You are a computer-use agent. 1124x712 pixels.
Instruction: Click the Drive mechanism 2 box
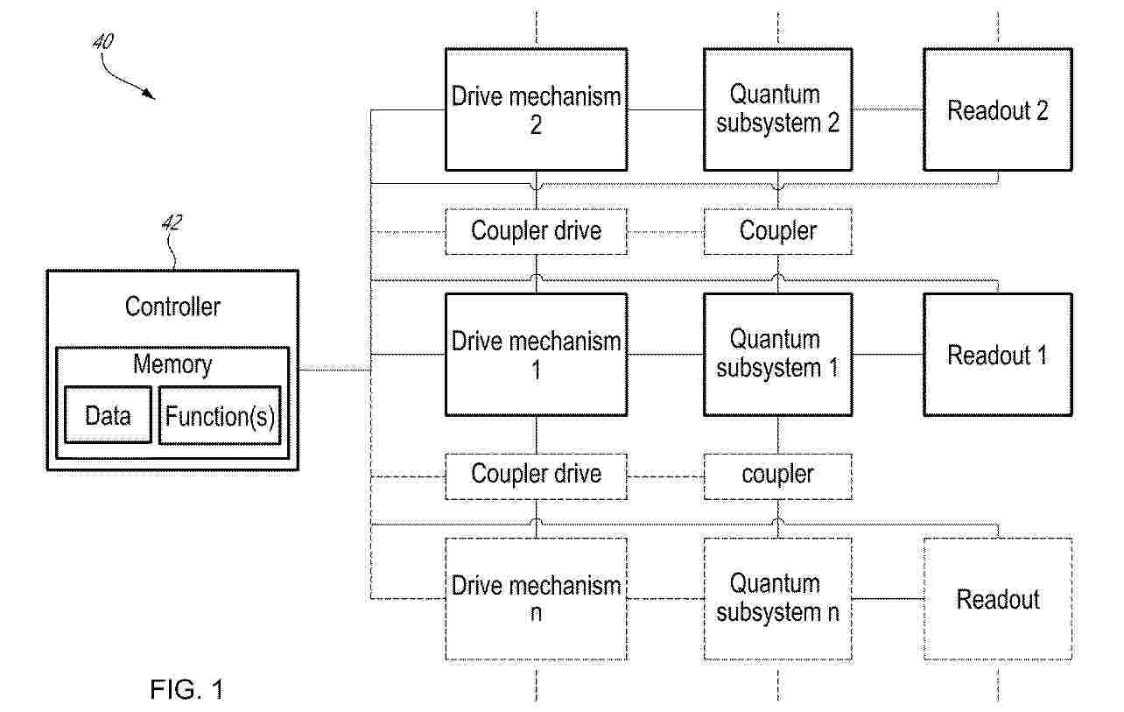[x=536, y=109]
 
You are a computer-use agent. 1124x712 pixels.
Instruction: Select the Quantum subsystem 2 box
[x=777, y=109]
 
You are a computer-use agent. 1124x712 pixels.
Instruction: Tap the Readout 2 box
[x=998, y=109]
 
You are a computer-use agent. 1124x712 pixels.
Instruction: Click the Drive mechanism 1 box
[x=536, y=355]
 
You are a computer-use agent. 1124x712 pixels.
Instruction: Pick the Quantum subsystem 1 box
[x=777, y=355]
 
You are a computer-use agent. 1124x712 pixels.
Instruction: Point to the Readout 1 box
[x=998, y=355]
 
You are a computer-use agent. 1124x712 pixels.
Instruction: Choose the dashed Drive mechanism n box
[x=536, y=598]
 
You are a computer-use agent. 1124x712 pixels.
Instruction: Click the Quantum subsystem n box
[x=777, y=598]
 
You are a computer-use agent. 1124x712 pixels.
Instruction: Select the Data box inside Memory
[x=108, y=415]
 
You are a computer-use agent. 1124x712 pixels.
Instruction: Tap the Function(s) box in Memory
[x=220, y=415]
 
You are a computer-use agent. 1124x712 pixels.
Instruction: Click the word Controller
[x=172, y=307]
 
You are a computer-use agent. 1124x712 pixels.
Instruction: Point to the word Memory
[x=172, y=364]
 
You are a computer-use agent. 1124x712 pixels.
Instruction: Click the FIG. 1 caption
[x=186, y=689]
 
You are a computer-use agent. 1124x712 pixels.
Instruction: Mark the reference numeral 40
[x=103, y=41]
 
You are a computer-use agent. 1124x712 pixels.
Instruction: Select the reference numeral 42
[x=172, y=222]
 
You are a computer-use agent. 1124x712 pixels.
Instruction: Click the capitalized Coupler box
[x=777, y=231]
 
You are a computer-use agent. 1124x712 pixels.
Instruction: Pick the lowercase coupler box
[x=777, y=476]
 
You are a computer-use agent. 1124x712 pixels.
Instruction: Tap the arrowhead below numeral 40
[x=150, y=94]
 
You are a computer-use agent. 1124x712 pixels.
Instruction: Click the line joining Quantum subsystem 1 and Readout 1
[x=889, y=355]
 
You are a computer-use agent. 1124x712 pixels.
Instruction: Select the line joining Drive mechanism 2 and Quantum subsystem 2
[x=665, y=109]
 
